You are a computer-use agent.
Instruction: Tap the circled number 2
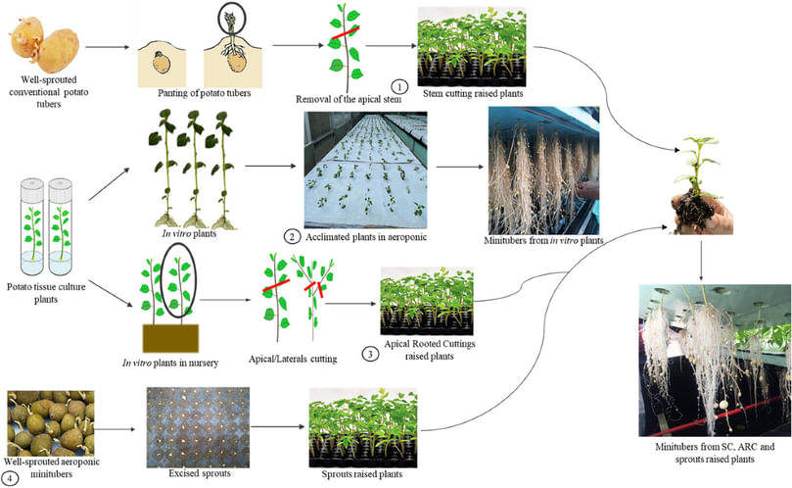(292, 236)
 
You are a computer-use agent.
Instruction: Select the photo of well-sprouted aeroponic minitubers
(49, 421)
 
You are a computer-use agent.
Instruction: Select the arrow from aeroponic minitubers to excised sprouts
(118, 428)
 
